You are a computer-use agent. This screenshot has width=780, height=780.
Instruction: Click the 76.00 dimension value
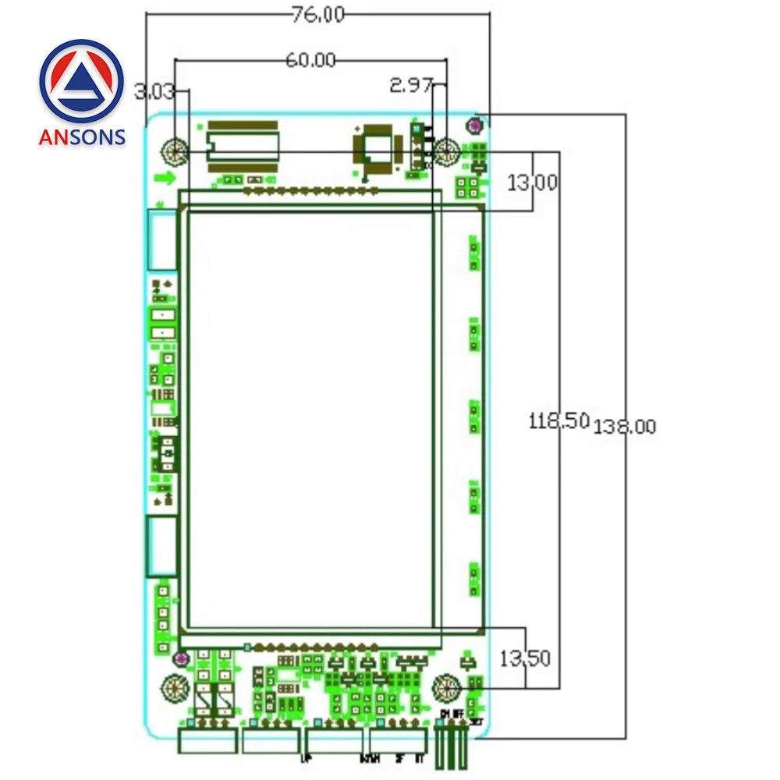(317, 15)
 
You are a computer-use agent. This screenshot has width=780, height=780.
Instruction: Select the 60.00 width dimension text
(310, 60)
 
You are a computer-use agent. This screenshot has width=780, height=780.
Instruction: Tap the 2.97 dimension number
(410, 85)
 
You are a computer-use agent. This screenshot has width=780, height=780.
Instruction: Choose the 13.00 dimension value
(533, 183)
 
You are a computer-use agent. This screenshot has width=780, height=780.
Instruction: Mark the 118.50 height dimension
(558, 421)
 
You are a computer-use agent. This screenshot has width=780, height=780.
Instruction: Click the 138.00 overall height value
(626, 427)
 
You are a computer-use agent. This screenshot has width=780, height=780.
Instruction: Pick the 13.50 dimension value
(524, 658)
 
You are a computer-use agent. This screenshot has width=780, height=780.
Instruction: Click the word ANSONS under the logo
(82, 137)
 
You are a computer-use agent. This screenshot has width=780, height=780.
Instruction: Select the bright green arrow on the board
(165, 179)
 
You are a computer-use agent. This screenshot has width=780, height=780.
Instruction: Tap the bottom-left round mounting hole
(175, 689)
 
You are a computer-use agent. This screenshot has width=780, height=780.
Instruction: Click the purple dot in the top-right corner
(473, 125)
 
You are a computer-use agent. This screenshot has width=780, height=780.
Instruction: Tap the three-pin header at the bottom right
(452, 746)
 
